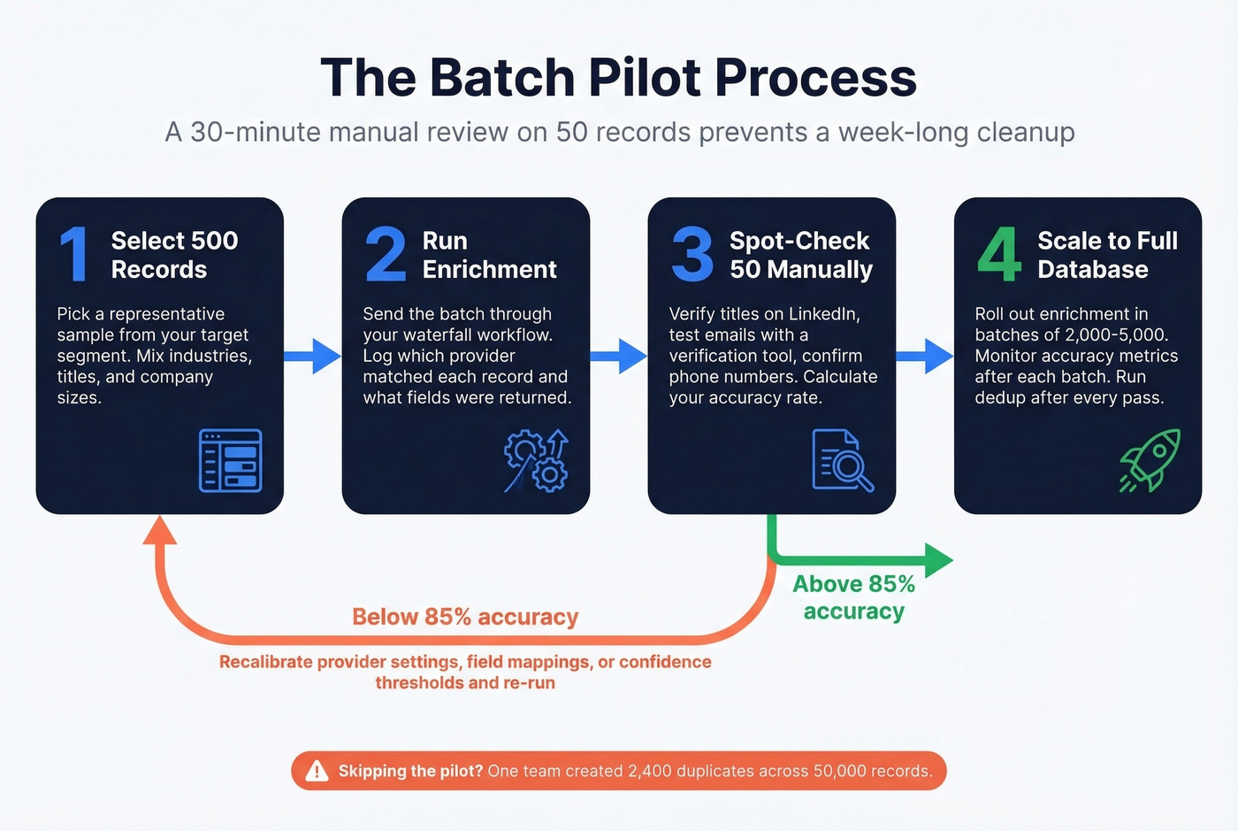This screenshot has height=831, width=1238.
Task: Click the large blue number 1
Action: [x=74, y=255]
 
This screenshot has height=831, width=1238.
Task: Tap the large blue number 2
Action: [x=386, y=255]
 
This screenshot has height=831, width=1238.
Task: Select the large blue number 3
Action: [x=692, y=255]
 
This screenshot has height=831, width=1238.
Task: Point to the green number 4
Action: [x=998, y=255]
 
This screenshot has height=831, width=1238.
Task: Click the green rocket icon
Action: [x=1150, y=460]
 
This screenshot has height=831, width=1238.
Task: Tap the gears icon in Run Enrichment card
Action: [x=537, y=460]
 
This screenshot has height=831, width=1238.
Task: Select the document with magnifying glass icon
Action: [x=842, y=460]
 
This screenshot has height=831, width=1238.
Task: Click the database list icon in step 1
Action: [x=230, y=460]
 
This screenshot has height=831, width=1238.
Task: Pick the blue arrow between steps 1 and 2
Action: [x=313, y=357]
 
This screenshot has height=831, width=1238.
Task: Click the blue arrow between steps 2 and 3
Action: [x=619, y=357]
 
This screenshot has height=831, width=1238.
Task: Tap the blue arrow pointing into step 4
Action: [x=925, y=357]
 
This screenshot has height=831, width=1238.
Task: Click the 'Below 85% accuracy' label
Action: [x=465, y=617]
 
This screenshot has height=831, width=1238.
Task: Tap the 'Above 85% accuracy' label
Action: [x=853, y=597]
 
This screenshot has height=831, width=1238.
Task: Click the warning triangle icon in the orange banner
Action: [x=317, y=772]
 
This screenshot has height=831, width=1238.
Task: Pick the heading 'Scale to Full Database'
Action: [x=1106, y=255]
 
